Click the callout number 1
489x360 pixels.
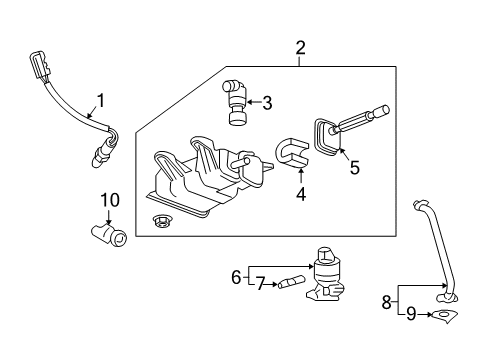click(x=99, y=101)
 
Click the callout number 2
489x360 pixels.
click(x=299, y=47)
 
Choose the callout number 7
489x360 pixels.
click(x=258, y=285)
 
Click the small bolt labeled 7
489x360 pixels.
click(x=291, y=283)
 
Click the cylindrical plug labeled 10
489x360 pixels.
click(x=107, y=235)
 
